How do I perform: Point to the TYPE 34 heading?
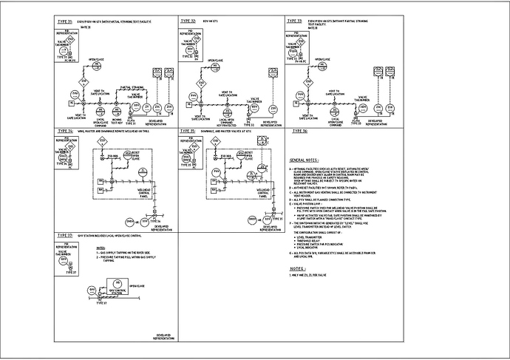(64, 130)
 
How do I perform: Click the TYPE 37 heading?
(64, 235)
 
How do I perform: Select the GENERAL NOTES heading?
(304, 160)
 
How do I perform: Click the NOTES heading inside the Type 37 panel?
(101, 248)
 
